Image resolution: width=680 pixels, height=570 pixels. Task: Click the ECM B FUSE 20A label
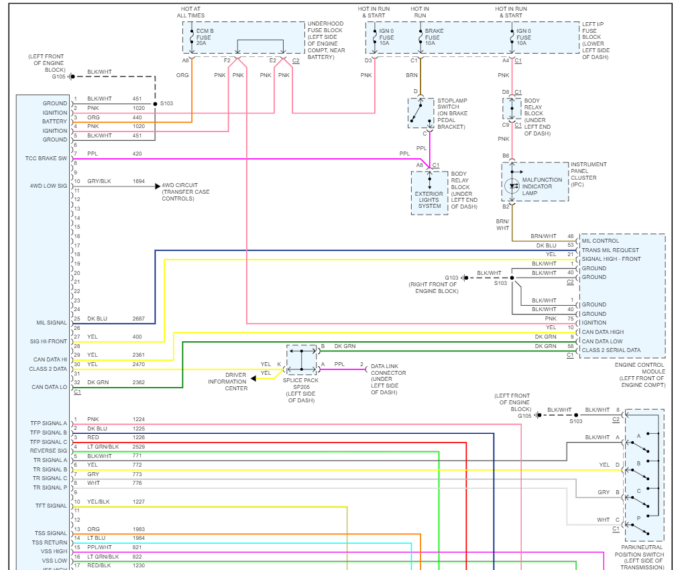point(203,38)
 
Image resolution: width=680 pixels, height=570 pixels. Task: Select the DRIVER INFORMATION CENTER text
point(227,382)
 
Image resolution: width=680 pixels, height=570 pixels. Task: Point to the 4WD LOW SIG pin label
point(48,185)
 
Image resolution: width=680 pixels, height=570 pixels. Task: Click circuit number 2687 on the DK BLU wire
point(138,319)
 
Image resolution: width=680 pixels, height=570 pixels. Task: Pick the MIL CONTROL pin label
point(601,241)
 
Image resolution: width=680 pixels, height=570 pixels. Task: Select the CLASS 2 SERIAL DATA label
point(611,350)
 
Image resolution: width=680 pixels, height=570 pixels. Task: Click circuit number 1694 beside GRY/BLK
point(139,181)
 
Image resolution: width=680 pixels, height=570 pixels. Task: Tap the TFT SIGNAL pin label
point(51,506)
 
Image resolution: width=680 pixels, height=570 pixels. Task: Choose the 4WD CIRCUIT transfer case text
point(185,192)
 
